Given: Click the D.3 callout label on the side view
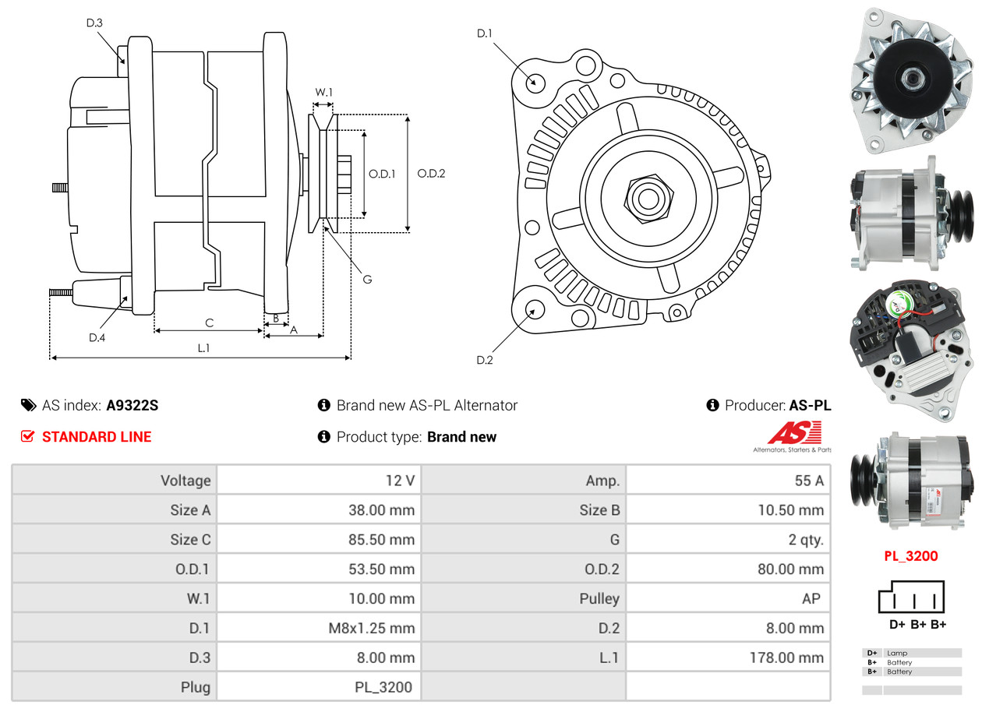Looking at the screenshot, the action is tap(94, 23).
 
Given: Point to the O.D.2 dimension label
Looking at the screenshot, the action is tap(432, 174).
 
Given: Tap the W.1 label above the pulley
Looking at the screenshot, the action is tap(324, 93).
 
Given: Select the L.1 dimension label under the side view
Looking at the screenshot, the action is tap(204, 348).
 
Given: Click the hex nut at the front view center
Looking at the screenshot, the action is tap(648, 199).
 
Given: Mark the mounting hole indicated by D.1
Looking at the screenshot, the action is tap(535, 83).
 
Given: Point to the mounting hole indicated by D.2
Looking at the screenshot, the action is tap(535, 309).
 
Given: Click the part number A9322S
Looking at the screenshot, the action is tap(132, 405).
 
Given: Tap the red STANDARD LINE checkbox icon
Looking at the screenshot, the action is tap(27, 436).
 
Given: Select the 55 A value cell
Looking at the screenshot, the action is tap(809, 481).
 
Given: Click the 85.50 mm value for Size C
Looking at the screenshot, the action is tap(381, 539).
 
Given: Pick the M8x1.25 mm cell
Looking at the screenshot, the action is tap(371, 629).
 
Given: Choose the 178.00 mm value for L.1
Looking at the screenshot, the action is tap(787, 657).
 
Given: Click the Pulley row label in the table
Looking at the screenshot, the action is tap(599, 599).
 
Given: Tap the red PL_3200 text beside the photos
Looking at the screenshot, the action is tap(911, 556).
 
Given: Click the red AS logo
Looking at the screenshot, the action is tap(794, 432).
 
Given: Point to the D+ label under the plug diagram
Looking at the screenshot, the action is tap(897, 625).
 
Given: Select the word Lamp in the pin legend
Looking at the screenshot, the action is tap(897, 654).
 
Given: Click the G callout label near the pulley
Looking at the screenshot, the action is tap(367, 280).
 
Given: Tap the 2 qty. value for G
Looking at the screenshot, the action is tap(806, 540).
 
